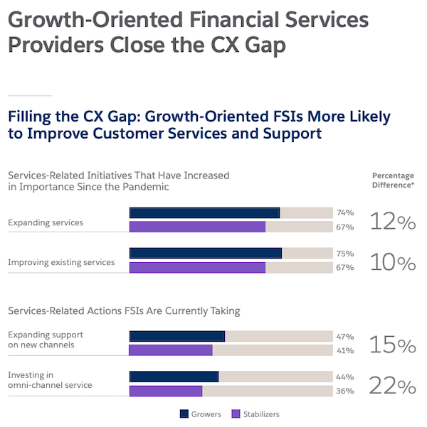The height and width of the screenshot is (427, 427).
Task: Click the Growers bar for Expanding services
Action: (x=204, y=212)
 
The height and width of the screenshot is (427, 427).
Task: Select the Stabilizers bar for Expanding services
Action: (x=197, y=227)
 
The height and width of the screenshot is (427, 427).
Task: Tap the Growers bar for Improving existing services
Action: (x=205, y=253)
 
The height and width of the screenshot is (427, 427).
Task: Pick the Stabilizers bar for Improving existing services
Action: (x=197, y=267)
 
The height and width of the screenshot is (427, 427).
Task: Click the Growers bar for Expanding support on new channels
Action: (x=176, y=336)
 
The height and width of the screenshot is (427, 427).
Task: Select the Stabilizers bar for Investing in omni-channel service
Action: (x=166, y=391)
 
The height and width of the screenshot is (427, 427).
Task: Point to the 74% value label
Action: (x=345, y=212)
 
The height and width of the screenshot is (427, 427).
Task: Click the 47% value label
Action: (x=345, y=336)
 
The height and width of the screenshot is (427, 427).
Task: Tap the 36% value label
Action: (x=345, y=391)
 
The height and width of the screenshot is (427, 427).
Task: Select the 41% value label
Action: (x=345, y=350)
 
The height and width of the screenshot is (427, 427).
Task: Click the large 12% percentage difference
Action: (x=392, y=222)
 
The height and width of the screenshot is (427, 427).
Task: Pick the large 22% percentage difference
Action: (x=392, y=386)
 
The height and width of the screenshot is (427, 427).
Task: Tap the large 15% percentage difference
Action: (x=392, y=345)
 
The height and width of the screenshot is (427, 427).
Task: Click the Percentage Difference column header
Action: (x=393, y=180)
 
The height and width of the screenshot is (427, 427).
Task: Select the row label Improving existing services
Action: (x=61, y=262)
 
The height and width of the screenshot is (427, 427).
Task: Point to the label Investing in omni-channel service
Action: (x=50, y=380)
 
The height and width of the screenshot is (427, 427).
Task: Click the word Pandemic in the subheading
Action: (x=146, y=187)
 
